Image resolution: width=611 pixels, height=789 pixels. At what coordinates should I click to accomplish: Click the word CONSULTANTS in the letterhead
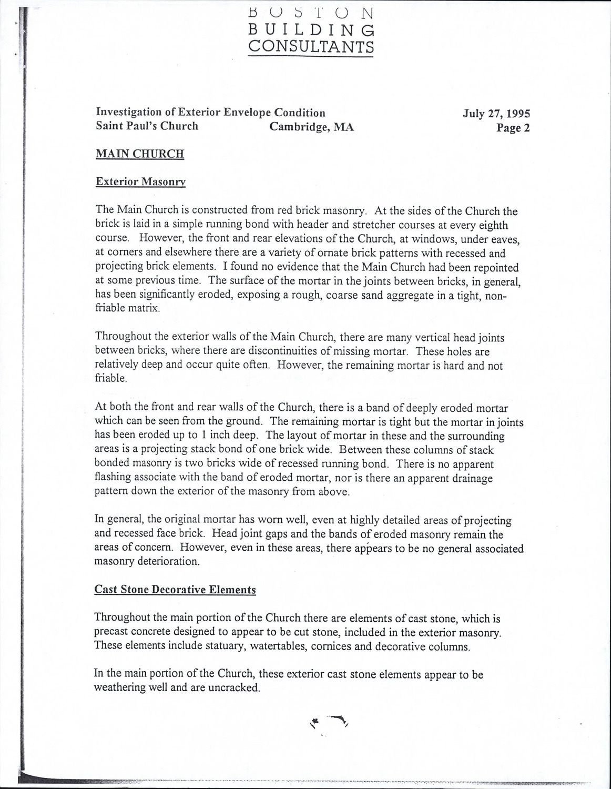point(311,47)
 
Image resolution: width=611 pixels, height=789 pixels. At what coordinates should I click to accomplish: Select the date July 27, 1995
point(496,114)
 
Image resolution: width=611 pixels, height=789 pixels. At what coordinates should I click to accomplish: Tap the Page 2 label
point(513,128)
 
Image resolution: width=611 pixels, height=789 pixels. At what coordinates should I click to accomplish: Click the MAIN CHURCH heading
point(140,154)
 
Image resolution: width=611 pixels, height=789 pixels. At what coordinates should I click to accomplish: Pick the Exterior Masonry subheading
point(141,182)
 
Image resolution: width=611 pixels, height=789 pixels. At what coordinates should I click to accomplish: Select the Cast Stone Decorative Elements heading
point(175,590)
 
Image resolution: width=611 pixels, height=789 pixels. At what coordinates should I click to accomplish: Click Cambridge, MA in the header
point(311,127)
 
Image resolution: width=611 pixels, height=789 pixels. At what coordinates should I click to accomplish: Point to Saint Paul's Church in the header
point(147,126)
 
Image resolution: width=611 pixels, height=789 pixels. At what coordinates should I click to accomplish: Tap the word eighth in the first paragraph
point(492,226)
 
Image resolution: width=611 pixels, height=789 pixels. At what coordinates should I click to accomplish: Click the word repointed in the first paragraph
point(495,268)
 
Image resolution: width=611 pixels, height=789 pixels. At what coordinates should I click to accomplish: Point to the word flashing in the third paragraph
point(113,479)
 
